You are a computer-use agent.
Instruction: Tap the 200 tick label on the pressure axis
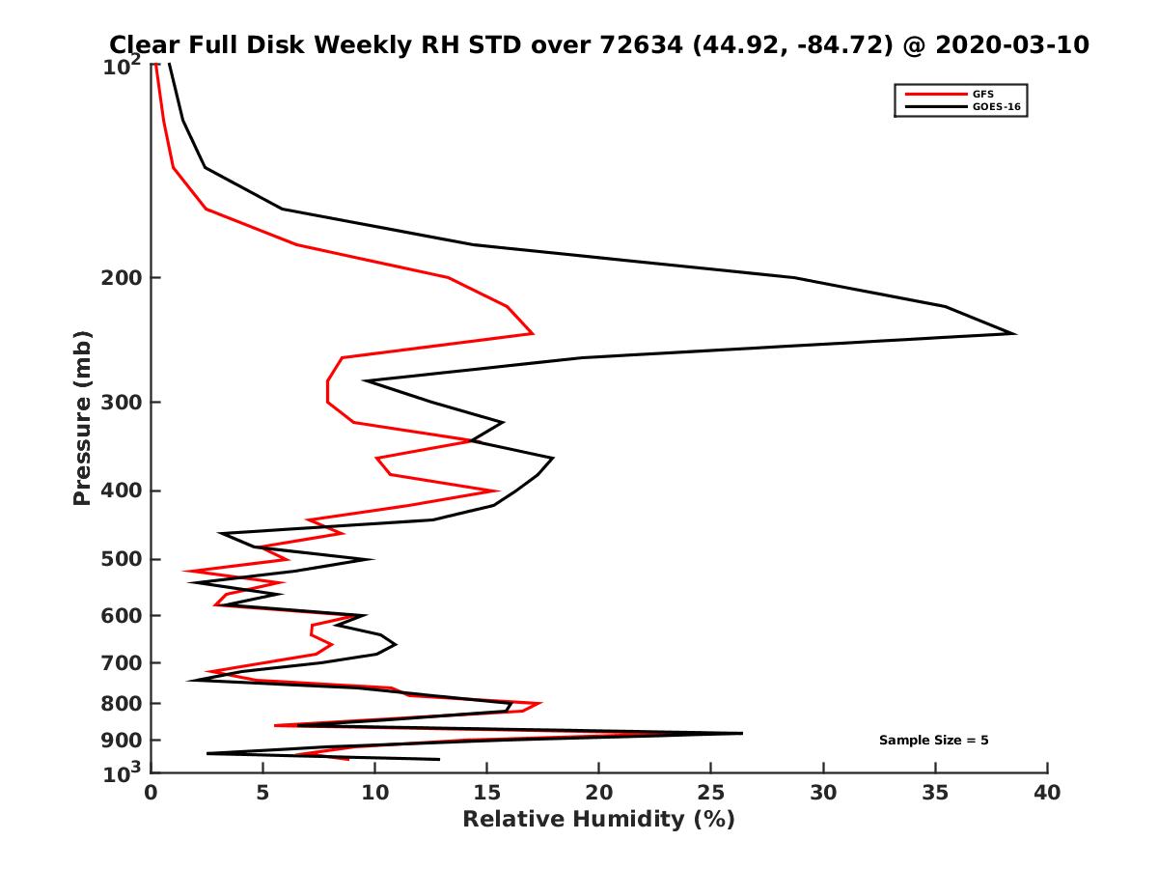coord(120,278)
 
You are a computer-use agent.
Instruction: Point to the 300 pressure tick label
coord(120,402)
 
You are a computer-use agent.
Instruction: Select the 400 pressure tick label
coord(120,491)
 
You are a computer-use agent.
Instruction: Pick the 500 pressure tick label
coord(120,559)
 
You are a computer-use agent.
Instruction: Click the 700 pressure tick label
coord(120,662)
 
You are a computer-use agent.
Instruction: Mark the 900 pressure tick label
coord(120,741)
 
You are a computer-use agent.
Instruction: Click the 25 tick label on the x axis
coord(711,793)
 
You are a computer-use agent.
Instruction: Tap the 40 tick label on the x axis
coord(1047,793)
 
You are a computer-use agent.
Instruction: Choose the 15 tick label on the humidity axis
coord(487,793)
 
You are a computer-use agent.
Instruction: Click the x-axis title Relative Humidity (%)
coord(598,820)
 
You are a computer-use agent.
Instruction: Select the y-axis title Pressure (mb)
coord(82,417)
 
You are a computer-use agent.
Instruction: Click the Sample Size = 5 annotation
coord(933,741)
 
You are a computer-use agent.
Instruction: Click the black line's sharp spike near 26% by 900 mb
coord(742,733)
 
